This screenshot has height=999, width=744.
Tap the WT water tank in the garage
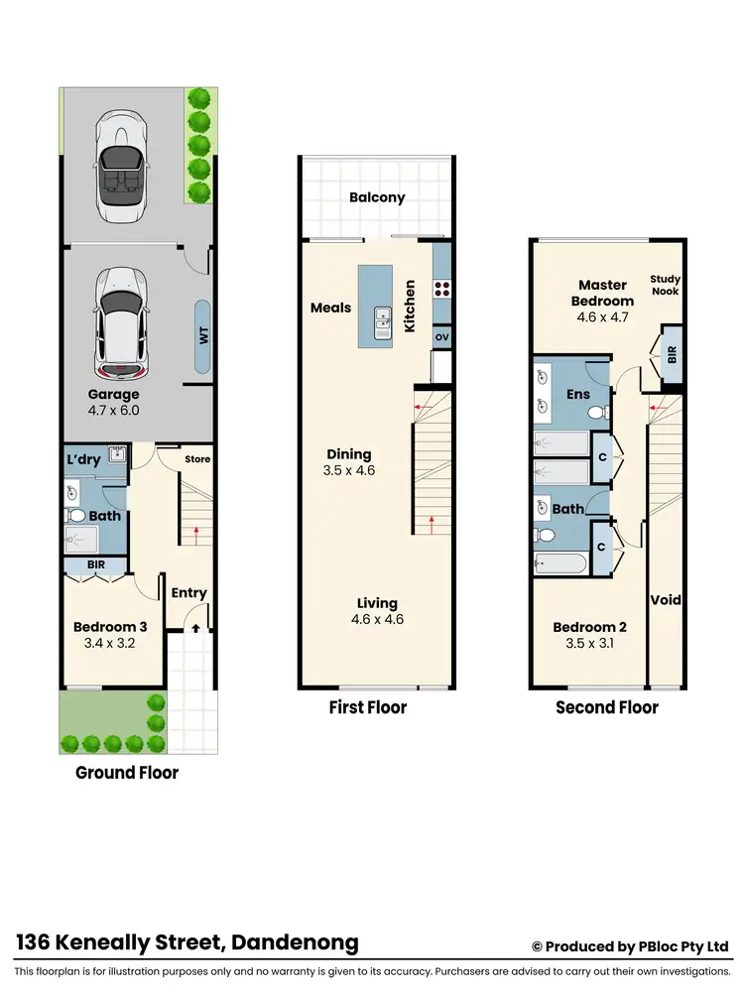point(204,336)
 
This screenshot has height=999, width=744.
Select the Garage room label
point(113,394)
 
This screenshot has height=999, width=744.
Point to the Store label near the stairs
point(197,459)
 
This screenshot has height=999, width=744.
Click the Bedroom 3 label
point(110,626)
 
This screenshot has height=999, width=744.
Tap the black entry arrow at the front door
point(195,627)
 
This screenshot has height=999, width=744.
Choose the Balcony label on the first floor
point(377,197)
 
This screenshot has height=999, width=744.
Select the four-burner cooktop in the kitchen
point(442,290)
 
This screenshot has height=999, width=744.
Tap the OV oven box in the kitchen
point(441,336)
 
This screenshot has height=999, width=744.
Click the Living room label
point(377,602)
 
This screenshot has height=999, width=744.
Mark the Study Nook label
point(666,286)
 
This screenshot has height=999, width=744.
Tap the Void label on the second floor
point(665,599)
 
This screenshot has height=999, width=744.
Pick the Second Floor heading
point(606,707)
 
